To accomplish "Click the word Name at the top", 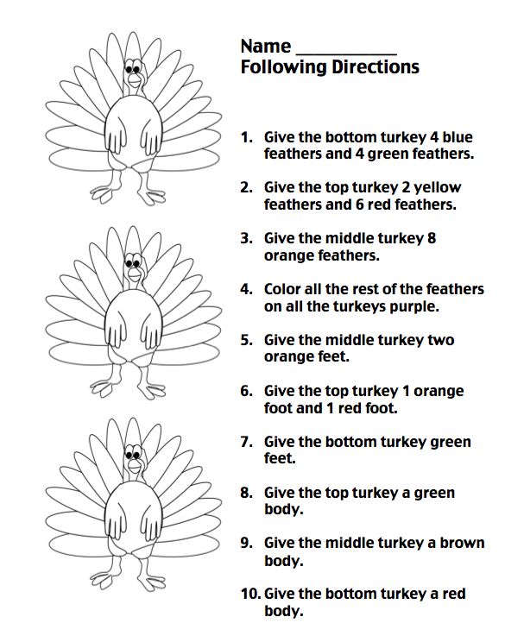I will (265, 46).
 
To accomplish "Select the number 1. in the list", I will (247, 137).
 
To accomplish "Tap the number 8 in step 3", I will (432, 238).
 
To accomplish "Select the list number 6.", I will (247, 391).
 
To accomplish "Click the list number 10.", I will (249, 595).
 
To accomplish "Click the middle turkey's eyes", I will (133, 259).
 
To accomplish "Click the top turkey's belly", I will (133, 138).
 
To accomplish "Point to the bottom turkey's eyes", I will (133, 451).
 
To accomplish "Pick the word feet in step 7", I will (279, 459).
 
